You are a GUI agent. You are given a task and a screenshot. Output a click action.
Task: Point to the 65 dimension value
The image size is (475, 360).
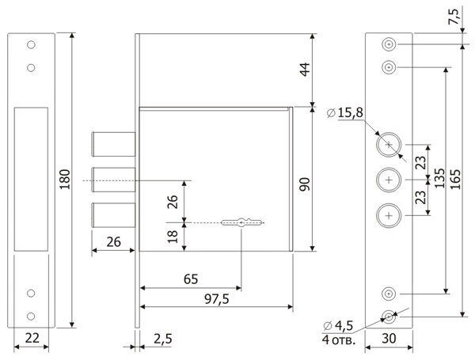pyautogui.click(x=190, y=280)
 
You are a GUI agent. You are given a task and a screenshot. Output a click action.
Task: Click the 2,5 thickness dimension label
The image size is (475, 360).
pyautogui.click(x=162, y=339)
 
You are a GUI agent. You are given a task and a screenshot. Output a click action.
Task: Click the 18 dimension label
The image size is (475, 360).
pyautogui.click(x=173, y=235)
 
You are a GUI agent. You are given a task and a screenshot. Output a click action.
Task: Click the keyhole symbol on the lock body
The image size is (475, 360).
pyautogui.click(x=241, y=223)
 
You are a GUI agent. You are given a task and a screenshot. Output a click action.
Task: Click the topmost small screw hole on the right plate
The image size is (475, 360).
pyautogui.click(x=388, y=44)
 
